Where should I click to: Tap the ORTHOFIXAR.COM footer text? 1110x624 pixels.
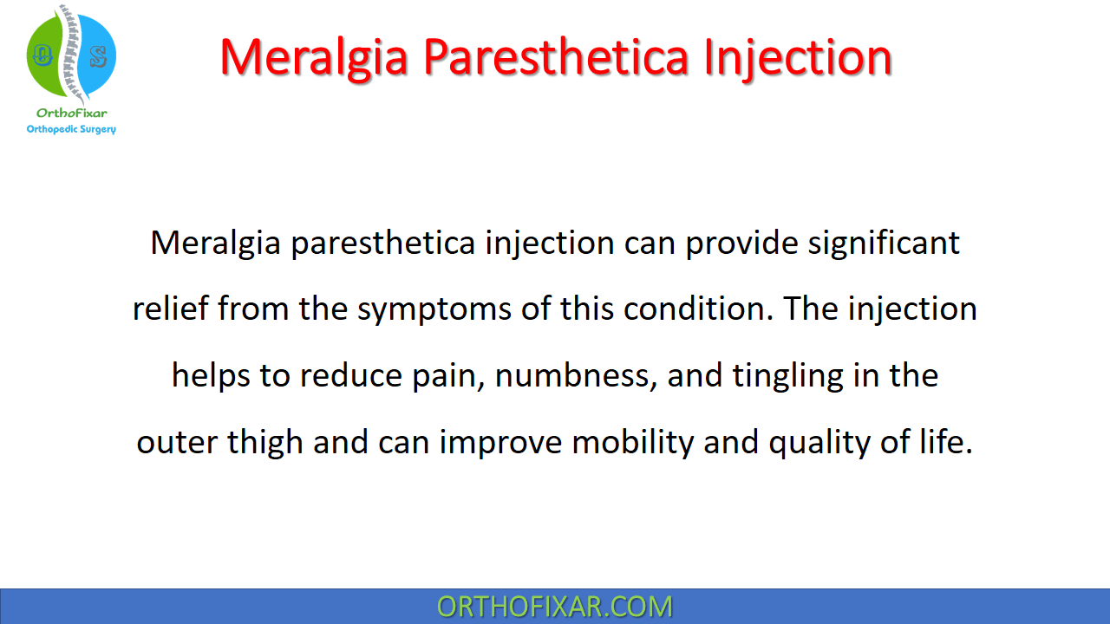click(555, 607)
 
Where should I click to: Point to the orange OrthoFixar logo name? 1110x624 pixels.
click(71, 113)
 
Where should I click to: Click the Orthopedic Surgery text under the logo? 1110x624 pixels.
click(71, 129)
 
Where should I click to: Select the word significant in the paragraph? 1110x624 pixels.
click(884, 244)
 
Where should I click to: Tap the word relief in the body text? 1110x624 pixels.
click(171, 309)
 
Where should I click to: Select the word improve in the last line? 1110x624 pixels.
click(501, 443)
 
